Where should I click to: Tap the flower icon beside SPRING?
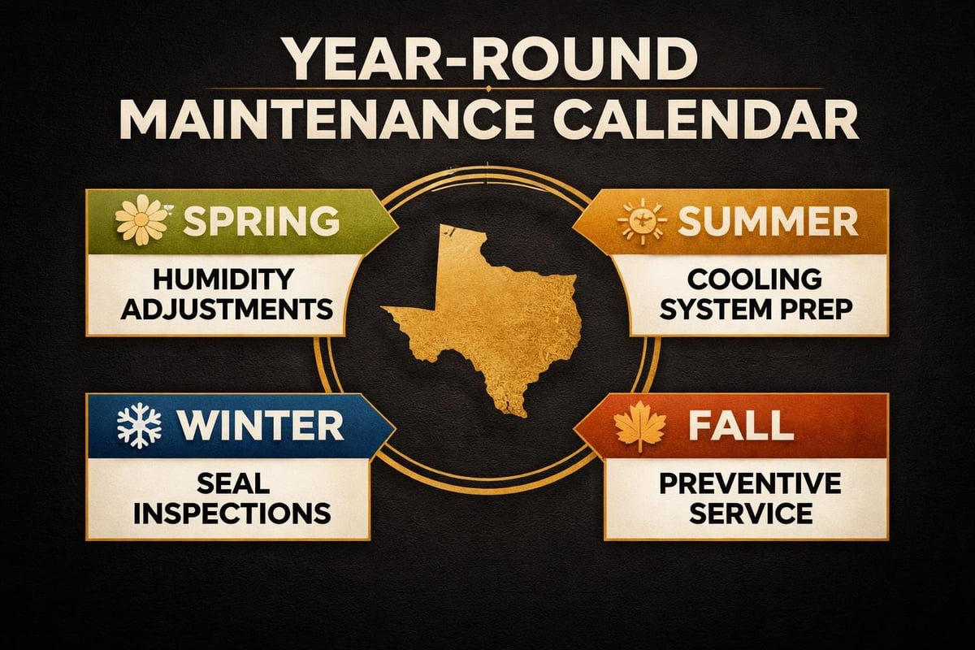click(x=136, y=220)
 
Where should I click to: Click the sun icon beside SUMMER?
click(x=642, y=221)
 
